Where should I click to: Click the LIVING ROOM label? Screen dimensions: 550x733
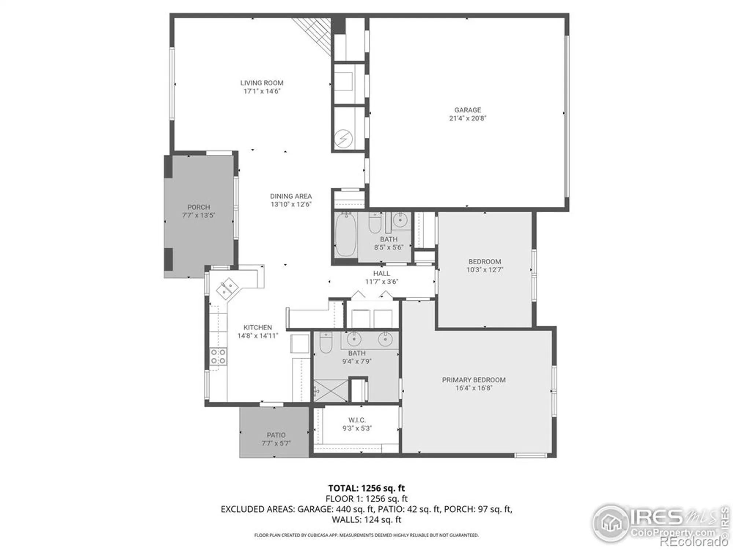[x=262, y=83]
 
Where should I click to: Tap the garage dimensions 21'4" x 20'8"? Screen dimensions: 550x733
[x=468, y=118]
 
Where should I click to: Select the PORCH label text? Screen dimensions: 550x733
[x=199, y=207]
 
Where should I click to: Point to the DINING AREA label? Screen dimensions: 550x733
[x=291, y=196]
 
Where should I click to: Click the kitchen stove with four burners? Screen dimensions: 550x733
[x=218, y=356]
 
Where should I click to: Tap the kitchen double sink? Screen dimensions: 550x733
[x=228, y=288]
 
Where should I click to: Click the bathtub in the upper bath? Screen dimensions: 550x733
[x=346, y=235]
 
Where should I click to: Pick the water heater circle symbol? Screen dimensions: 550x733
[x=344, y=139]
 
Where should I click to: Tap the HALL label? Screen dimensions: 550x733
[x=382, y=274]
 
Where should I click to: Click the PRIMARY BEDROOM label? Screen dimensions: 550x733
[x=474, y=380]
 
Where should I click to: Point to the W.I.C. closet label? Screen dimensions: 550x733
[x=357, y=420]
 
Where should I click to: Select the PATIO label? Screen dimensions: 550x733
[x=276, y=435]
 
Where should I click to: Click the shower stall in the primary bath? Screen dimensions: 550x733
[x=330, y=391]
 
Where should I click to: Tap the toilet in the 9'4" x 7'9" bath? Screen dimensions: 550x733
[x=325, y=342]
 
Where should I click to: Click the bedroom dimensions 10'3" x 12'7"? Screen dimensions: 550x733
[x=485, y=270]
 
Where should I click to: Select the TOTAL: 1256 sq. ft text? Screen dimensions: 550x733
[x=366, y=488]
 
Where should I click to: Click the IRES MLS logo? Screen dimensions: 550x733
[x=656, y=522]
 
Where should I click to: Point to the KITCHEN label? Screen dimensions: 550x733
[x=258, y=327]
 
